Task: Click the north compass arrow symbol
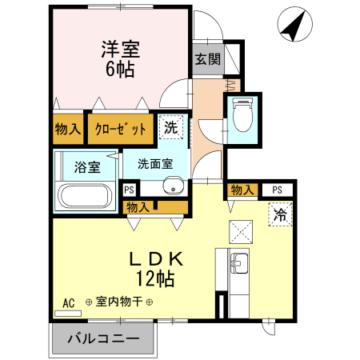(x=293, y=26)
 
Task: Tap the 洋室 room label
(x=120, y=49)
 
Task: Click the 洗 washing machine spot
(x=171, y=126)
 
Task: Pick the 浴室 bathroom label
(x=87, y=168)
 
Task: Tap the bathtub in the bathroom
(x=86, y=197)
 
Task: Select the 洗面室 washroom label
(x=154, y=164)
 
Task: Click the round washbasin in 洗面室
(x=171, y=187)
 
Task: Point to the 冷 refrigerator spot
(x=280, y=214)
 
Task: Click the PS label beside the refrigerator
(x=277, y=190)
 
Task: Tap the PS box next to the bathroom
(x=128, y=190)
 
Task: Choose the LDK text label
(x=157, y=259)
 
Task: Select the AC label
(x=68, y=303)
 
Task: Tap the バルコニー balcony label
(x=102, y=338)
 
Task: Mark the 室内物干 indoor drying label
(x=119, y=302)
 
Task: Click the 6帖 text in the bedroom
(x=119, y=69)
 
